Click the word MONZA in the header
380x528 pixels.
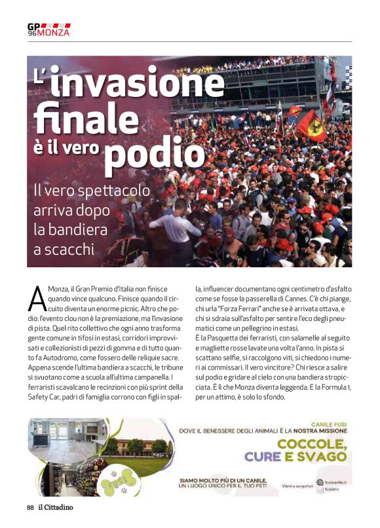pos(54,32)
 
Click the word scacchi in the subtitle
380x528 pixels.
pos(69,250)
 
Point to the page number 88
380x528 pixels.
pos(30,507)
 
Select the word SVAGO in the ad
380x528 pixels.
pos(322,456)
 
